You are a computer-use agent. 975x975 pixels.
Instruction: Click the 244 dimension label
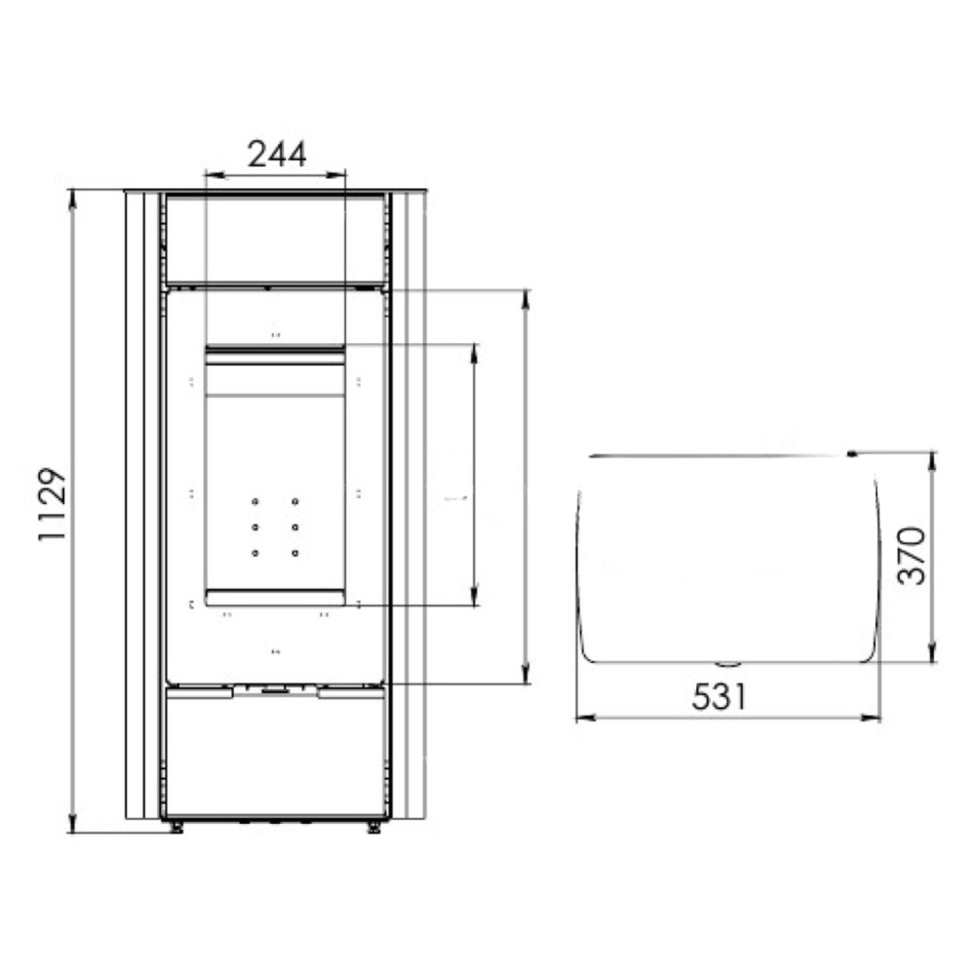point(277,154)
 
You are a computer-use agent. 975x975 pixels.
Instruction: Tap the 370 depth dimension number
point(912,556)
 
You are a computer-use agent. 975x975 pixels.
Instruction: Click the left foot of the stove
point(176,827)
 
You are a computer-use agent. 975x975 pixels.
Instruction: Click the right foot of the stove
point(373,827)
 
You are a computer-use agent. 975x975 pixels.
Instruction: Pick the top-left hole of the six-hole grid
point(254,501)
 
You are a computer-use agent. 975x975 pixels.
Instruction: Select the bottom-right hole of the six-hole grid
point(294,553)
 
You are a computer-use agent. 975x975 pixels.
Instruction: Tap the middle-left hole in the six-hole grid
point(254,527)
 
